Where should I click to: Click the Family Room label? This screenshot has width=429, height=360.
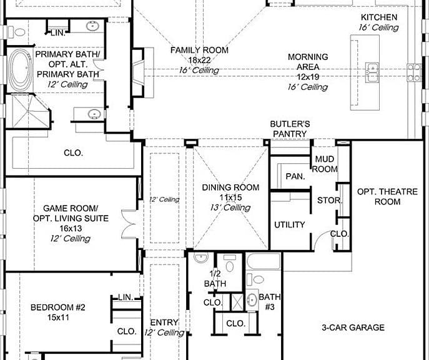199,51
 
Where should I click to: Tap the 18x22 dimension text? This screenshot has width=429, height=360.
199,60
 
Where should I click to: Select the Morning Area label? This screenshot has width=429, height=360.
308,62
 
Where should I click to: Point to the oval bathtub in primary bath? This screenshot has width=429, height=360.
19,70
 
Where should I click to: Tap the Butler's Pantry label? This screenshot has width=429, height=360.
290,129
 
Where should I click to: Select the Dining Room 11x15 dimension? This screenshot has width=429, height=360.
230,197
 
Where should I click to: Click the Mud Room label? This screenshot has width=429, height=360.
325,164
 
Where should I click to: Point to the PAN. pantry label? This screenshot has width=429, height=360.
295,176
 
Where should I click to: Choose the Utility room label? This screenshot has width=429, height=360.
290,225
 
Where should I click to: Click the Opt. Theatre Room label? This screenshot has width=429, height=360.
387,197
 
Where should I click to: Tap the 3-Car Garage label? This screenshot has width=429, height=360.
353,327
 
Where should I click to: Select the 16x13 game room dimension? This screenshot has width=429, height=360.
71,228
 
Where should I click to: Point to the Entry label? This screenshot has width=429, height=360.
164,322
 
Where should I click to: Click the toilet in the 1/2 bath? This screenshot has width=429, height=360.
230,263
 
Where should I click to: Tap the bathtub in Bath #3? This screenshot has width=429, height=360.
264,261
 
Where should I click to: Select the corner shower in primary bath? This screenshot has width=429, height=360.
28,111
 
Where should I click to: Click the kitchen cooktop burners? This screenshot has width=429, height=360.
413,72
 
